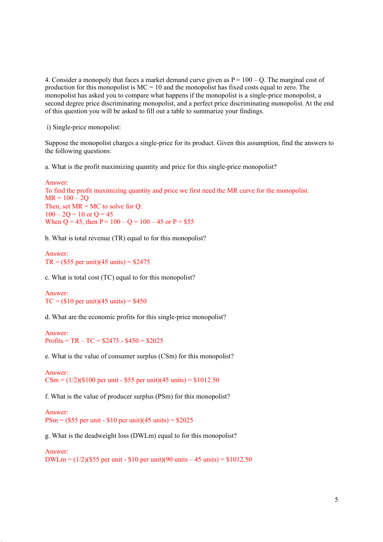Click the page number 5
336,500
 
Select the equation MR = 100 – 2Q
67,198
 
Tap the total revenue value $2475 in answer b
141,262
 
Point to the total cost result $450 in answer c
140,301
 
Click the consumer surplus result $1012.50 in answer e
206,380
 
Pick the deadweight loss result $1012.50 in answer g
239,459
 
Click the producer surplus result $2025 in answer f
184,420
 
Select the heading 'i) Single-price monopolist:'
84,127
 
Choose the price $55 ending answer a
189,222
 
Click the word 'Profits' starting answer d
54,341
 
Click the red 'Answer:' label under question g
57,451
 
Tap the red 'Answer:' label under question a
57,182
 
